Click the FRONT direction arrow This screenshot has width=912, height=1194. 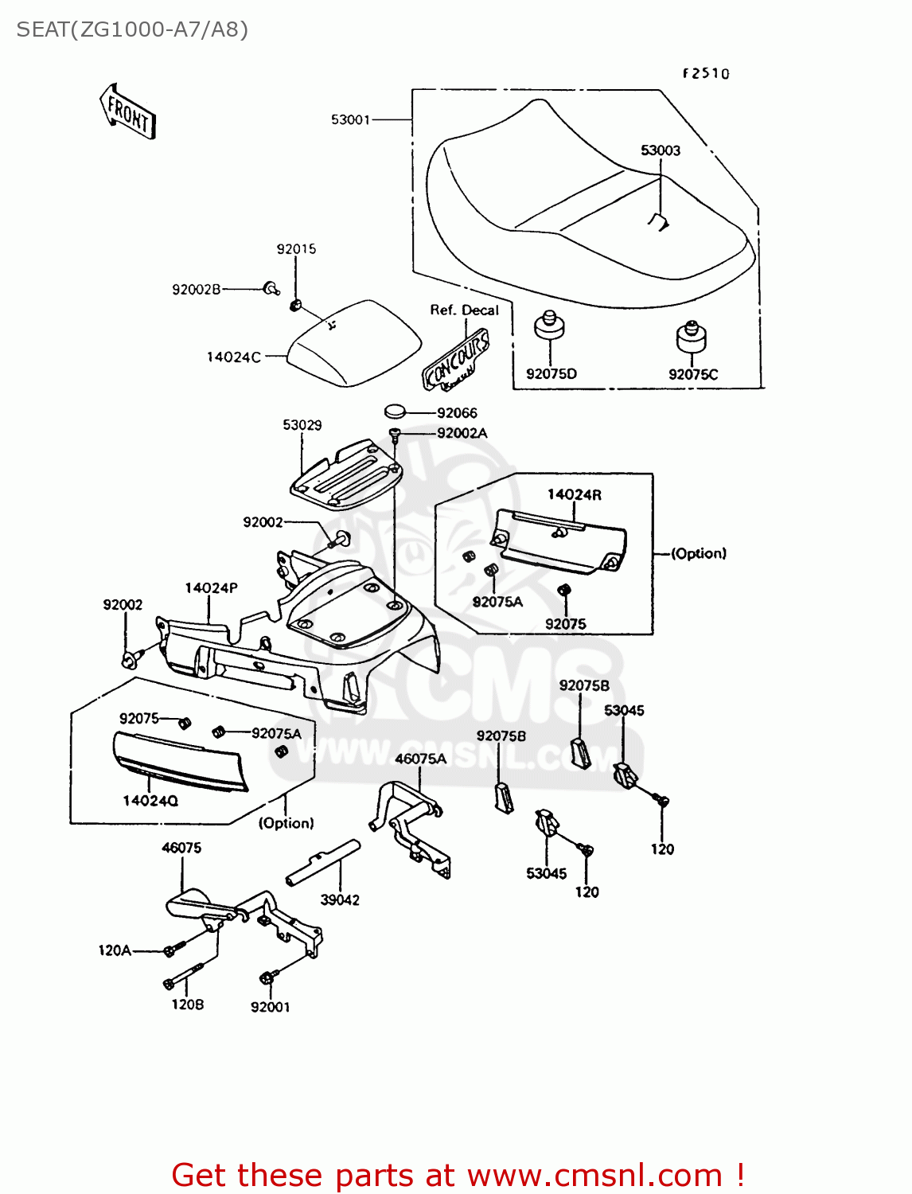click(x=127, y=111)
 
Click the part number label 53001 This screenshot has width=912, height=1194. click(x=350, y=119)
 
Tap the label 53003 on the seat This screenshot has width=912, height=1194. click(x=661, y=150)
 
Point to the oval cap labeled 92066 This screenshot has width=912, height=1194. click(x=396, y=412)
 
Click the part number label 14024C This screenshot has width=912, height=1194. click(x=233, y=357)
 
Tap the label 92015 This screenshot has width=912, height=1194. click(x=296, y=249)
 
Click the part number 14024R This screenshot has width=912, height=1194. click(x=574, y=494)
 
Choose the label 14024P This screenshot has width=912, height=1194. click(x=211, y=588)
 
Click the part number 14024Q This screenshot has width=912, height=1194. click(x=150, y=801)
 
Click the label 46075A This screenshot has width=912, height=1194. click(x=420, y=759)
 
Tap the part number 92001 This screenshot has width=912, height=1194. click(x=270, y=1007)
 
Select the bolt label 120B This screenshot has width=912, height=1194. click(x=188, y=1005)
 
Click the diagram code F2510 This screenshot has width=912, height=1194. click(x=706, y=73)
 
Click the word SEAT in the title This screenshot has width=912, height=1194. click(x=41, y=29)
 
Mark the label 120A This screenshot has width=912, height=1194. click(x=115, y=950)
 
